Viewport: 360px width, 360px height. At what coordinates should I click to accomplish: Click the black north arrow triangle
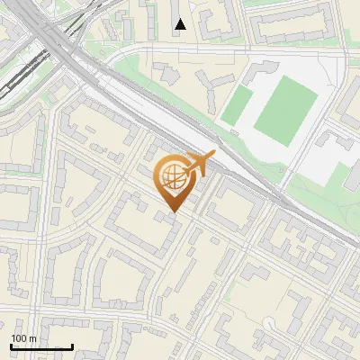pos(180,24)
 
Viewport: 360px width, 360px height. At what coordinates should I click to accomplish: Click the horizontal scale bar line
pos(41,346)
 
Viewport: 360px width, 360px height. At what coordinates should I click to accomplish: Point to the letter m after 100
pos(33,338)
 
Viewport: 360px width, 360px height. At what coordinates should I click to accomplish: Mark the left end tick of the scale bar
pos(11,345)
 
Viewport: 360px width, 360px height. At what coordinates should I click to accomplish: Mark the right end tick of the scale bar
pos(72,345)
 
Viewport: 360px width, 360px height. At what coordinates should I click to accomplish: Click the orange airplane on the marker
pos(199,165)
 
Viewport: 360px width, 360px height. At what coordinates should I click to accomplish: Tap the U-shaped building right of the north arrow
pos(215,23)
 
